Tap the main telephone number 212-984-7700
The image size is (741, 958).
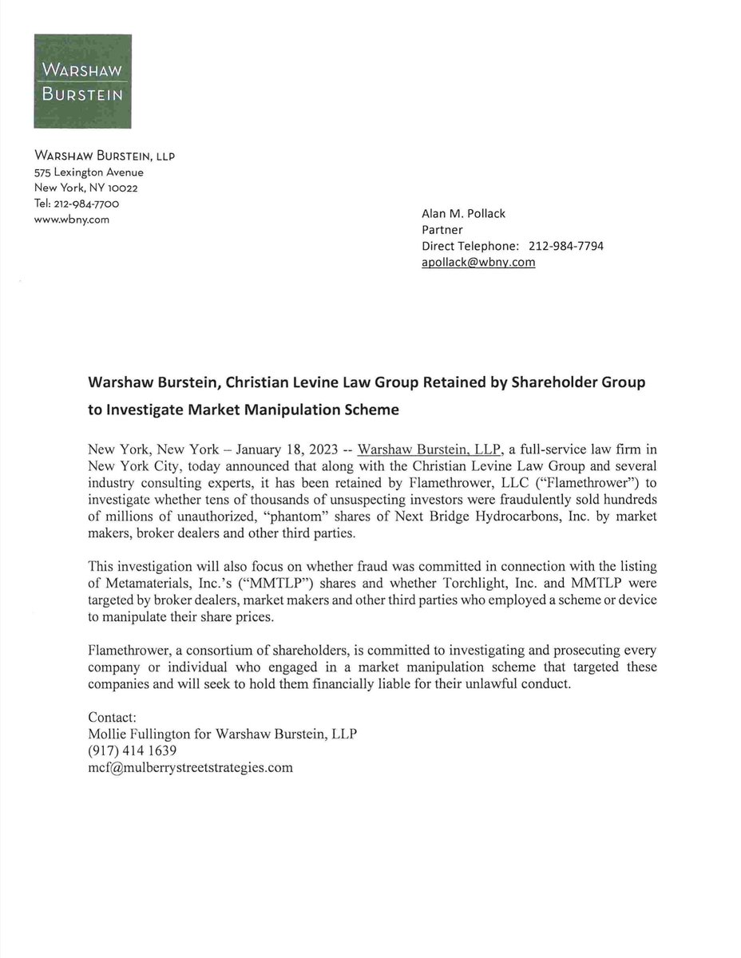[90, 204]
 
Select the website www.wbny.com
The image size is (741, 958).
[71, 220]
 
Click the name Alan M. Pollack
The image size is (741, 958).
[463, 213]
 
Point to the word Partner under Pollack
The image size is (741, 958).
[442, 230]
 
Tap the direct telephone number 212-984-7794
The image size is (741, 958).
[566, 246]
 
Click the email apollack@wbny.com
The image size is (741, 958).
[477, 262]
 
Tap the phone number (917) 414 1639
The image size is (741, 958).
[132, 751]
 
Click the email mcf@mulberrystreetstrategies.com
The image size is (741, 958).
[190, 768]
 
